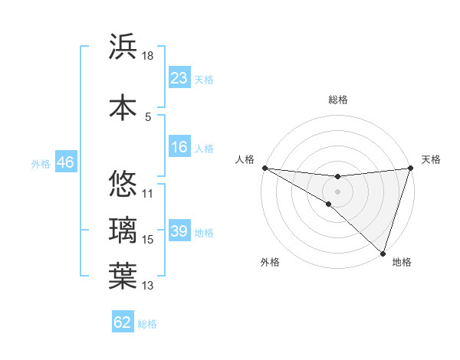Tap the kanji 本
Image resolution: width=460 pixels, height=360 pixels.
(123, 107)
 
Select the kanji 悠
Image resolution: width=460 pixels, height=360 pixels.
(123, 184)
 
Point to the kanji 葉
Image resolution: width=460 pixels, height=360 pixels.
(123, 277)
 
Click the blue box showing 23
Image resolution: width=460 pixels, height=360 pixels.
(179, 78)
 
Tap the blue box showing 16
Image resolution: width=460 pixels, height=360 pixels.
(179, 147)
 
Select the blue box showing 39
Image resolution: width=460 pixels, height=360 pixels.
(179, 231)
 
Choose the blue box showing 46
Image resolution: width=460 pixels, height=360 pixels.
(65, 162)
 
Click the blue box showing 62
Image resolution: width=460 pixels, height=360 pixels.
(123, 322)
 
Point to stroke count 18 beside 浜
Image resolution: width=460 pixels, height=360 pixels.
(148, 56)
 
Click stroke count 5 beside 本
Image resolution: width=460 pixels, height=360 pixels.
(148, 117)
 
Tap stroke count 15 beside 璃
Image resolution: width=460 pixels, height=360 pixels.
(148, 241)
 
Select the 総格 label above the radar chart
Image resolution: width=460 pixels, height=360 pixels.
(337, 100)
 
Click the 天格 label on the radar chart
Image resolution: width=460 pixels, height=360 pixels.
(431, 159)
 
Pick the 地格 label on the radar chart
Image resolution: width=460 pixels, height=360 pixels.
(402, 262)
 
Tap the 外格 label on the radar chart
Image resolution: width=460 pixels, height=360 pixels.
(270, 262)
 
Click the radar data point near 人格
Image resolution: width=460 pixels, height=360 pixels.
(264, 168)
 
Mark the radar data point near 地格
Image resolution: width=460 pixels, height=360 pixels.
(383, 252)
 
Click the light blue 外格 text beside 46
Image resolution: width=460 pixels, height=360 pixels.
(40, 163)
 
